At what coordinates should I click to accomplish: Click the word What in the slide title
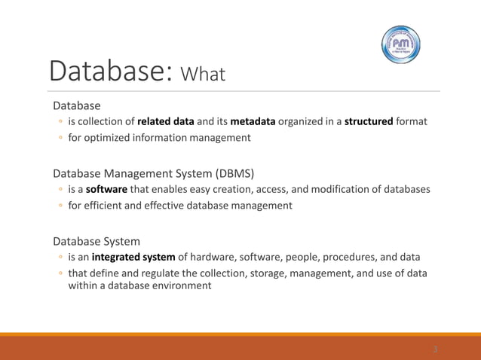pyautogui.click(x=204, y=75)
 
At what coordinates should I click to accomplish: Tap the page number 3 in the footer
pyautogui.click(x=435, y=349)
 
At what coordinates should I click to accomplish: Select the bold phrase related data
pyautogui.click(x=165, y=121)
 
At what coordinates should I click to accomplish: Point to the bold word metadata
pyautogui.click(x=253, y=121)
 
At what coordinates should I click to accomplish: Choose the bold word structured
pyautogui.click(x=369, y=121)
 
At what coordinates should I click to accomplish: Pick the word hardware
pyautogui.click(x=215, y=257)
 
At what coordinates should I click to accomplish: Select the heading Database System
pyautogui.click(x=96, y=242)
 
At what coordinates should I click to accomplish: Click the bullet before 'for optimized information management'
pyautogui.click(x=59, y=138)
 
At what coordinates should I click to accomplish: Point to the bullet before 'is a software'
pyautogui.click(x=59, y=190)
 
